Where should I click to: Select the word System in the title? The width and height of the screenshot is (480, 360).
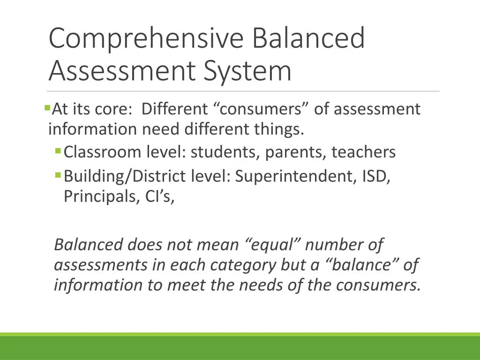tap(248, 71)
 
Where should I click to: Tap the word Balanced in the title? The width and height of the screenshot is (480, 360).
tap(308, 39)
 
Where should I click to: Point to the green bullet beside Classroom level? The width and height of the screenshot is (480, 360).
tap(58, 151)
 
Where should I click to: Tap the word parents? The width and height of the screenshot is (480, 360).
tap(291, 152)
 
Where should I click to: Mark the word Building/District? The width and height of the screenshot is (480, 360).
tap(124, 177)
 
